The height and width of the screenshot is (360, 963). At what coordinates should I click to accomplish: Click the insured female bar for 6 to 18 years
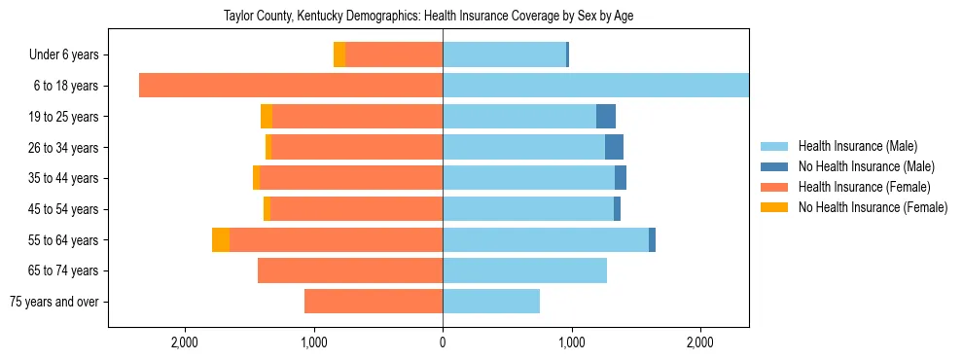(291, 86)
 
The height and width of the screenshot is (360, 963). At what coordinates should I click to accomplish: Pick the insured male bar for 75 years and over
(491, 302)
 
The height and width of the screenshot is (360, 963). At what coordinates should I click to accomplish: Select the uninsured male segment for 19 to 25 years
(606, 117)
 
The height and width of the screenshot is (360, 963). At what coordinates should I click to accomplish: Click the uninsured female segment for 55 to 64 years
(221, 240)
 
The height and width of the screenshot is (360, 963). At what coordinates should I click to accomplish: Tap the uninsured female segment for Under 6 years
(339, 55)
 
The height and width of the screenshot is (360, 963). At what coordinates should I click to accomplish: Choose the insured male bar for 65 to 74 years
(524, 270)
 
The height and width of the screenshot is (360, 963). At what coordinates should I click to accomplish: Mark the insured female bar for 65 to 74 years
(350, 270)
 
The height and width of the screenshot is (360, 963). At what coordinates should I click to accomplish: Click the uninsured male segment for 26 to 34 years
(614, 148)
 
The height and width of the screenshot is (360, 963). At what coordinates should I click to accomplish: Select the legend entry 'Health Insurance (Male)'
(857, 146)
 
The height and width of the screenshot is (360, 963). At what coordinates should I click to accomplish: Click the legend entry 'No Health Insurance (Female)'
(873, 207)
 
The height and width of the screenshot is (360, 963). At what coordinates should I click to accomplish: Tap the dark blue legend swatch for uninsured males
(775, 166)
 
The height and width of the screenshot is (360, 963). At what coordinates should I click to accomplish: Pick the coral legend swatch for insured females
(775, 187)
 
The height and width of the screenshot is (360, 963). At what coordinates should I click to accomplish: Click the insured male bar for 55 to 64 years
(546, 240)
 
